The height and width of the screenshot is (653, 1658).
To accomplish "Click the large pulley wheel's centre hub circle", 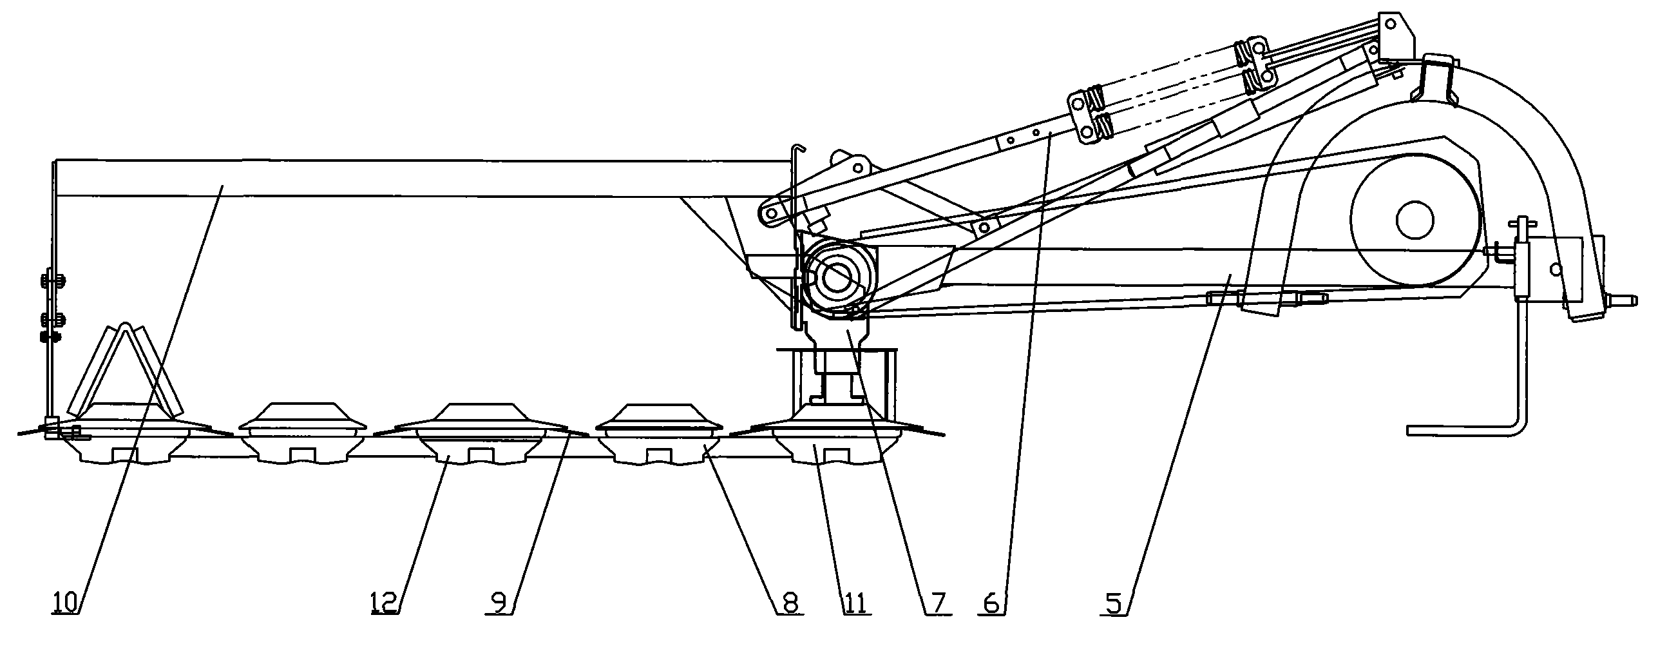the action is (x=1415, y=220).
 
